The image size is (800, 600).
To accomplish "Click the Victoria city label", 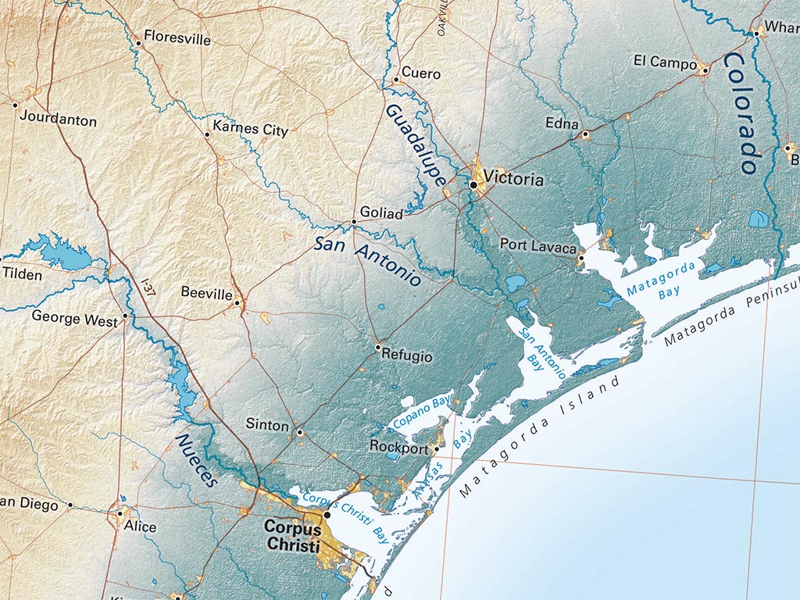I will (x=513, y=179).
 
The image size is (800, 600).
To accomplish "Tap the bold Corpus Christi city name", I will (x=292, y=534).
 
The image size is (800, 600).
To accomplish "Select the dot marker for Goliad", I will (x=354, y=222).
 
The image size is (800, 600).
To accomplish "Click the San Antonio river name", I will (x=367, y=261).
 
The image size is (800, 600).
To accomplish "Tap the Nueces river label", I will (x=196, y=460).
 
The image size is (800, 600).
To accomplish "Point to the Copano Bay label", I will (x=423, y=411).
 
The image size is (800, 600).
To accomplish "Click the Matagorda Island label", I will (x=539, y=437).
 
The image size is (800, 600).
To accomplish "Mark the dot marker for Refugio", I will (x=378, y=347).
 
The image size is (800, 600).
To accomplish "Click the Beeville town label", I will (x=206, y=293).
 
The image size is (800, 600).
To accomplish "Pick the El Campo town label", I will (x=660, y=61).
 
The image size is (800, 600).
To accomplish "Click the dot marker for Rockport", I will (x=437, y=449).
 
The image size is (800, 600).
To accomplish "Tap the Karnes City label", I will (x=250, y=130).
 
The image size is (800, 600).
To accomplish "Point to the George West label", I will (x=74, y=316).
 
